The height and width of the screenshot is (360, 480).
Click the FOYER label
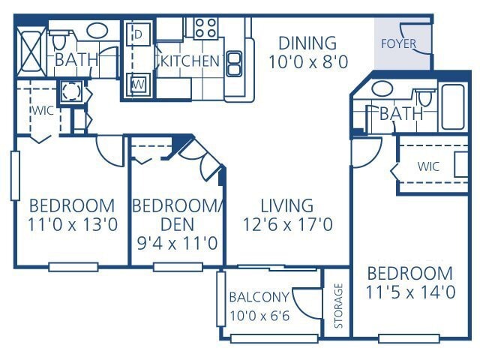[x=398, y=43]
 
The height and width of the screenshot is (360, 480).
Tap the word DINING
[x=307, y=43]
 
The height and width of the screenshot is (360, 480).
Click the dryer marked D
[x=139, y=34]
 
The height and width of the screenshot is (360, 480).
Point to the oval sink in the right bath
[x=382, y=88]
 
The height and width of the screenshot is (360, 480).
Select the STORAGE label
[x=338, y=305]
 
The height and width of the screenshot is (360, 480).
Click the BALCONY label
[x=259, y=296]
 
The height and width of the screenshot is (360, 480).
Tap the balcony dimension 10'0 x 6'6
[x=259, y=315]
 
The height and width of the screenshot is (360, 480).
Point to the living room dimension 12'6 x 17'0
[x=287, y=223]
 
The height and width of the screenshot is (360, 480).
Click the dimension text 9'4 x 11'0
[x=178, y=243]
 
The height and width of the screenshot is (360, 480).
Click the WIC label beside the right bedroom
[x=428, y=166]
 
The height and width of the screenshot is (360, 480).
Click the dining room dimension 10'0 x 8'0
[x=307, y=62]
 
